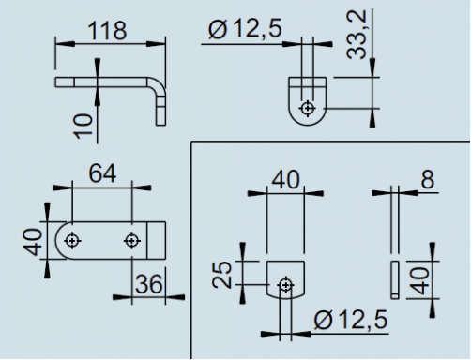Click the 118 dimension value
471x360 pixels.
107,31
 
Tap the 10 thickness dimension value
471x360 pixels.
84,127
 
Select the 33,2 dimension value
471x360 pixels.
357,35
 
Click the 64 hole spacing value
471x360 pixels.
102,173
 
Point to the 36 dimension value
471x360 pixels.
149,284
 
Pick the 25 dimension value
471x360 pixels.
221,275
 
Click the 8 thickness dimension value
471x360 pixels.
428,180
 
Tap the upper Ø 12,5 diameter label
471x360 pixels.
245,28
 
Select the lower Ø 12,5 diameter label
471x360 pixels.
351,320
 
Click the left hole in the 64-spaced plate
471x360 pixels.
72,241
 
